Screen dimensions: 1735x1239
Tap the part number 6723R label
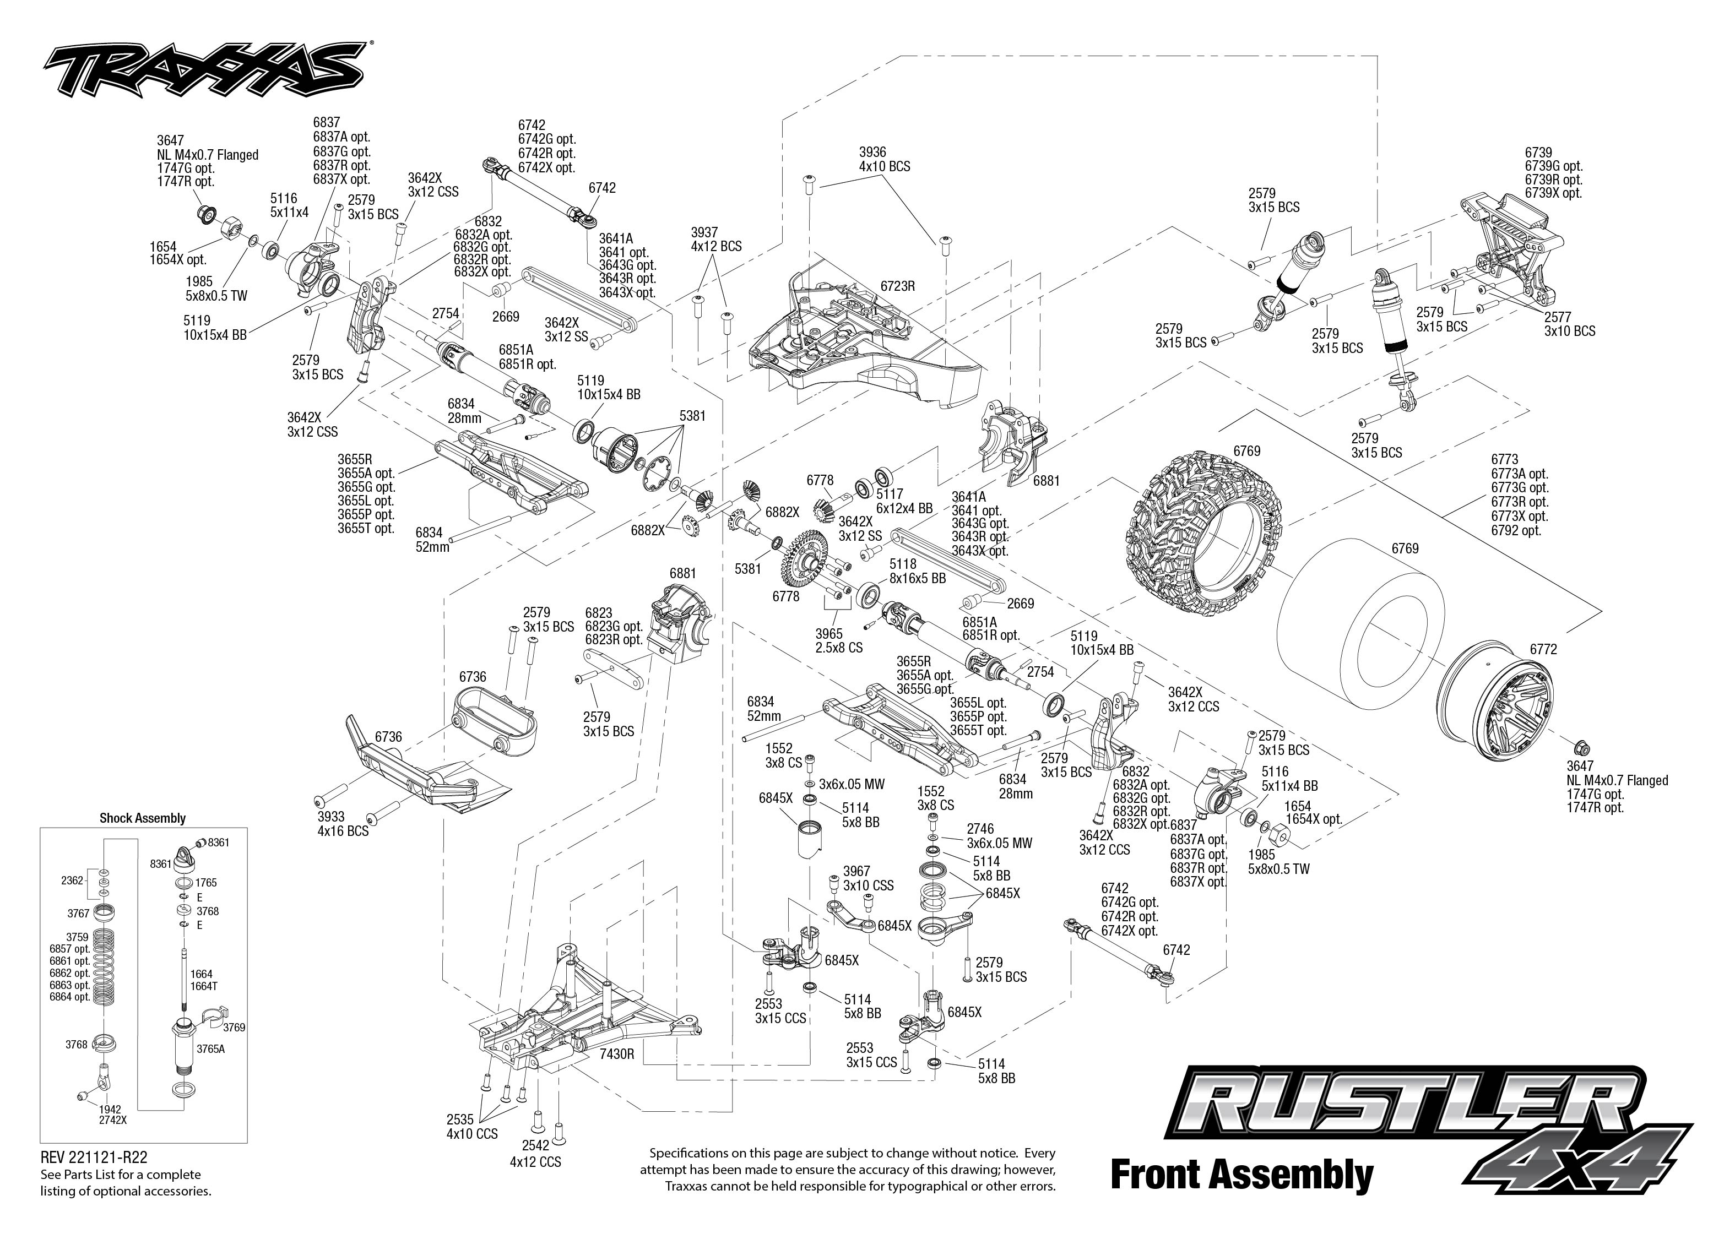pyautogui.click(x=897, y=287)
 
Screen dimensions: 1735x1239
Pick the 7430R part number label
pyautogui.click(x=617, y=1055)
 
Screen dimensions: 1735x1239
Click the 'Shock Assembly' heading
pyautogui.click(x=143, y=818)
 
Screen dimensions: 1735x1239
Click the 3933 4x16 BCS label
pyautogui.click(x=343, y=823)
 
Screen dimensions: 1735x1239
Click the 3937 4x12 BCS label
pyautogui.click(x=715, y=239)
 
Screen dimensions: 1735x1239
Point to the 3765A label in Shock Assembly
pyautogui.click(x=210, y=1049)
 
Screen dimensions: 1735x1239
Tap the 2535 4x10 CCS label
pyautogui.click(x=471, y=1127)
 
